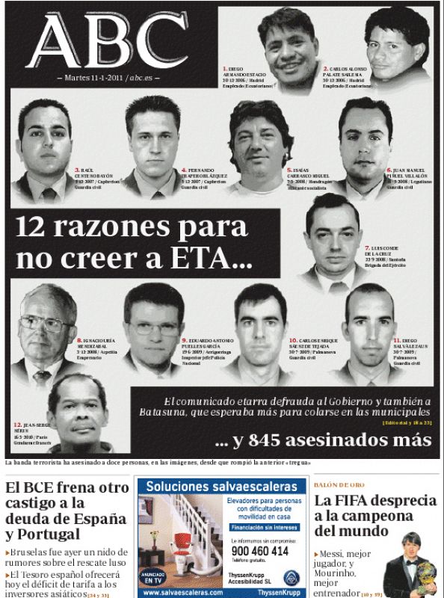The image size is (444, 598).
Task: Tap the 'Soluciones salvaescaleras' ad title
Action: pyautogui.click(x=221, y=487)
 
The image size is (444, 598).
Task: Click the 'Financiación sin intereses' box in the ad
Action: pyautogui.click(x=259, y=527)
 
